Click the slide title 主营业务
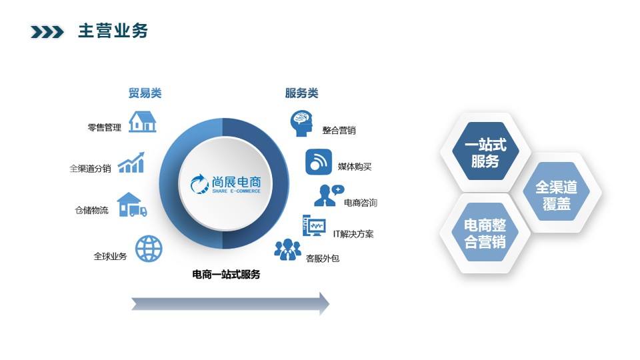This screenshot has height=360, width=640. pos(113,31)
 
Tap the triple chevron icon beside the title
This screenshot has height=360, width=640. pos(47,32)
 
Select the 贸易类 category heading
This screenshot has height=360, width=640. pos(145,93)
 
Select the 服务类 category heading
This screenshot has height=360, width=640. pos(301,93)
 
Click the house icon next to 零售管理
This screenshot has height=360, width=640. pos(143,121)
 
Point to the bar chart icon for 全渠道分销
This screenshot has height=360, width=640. pos(131,163)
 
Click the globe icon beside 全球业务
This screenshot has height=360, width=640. pos(149,249)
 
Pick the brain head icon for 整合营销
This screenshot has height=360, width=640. pos(301,123)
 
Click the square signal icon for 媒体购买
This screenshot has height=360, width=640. pos(319,162)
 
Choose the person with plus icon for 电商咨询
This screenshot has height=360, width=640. pos(328,195)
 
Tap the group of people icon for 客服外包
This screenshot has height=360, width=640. pos(287,250)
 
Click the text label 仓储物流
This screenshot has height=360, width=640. pos(91,211)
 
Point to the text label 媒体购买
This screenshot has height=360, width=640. pos(355,166)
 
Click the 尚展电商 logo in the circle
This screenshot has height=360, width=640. pos(225,184)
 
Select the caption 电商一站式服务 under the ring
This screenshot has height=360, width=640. pos(226,275)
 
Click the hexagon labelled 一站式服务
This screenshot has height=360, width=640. pos(485,153)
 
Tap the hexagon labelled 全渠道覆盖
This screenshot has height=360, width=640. pos(556,195)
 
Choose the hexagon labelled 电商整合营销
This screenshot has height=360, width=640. pos(485,233)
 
